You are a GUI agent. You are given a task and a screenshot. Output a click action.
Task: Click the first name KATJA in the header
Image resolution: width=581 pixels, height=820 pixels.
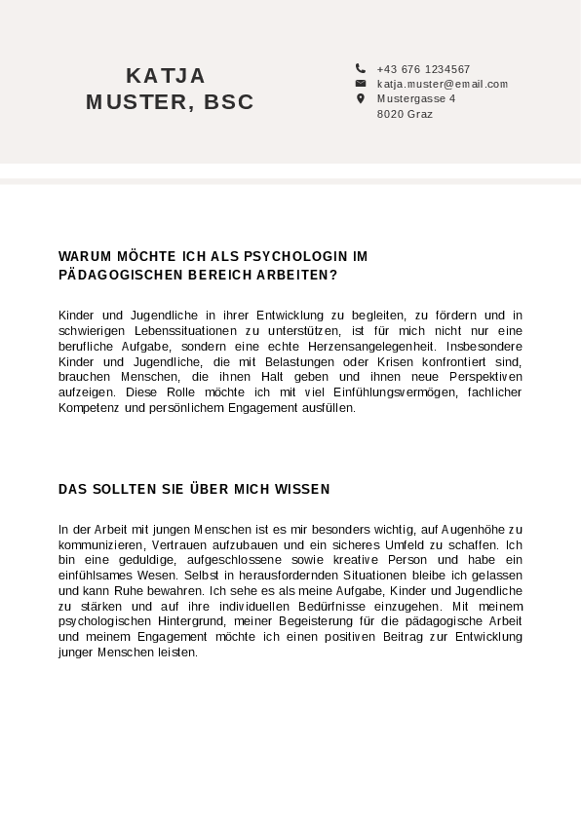(166, 76)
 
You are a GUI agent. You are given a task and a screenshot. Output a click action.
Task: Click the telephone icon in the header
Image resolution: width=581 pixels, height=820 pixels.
(360, 68)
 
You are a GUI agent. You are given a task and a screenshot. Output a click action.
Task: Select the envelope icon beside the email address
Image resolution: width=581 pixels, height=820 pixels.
(360, 84)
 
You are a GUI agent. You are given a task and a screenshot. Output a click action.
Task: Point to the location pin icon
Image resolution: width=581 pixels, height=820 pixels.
(360, 98)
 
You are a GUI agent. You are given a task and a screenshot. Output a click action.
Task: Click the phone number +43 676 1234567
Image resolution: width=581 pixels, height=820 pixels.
(423, 69)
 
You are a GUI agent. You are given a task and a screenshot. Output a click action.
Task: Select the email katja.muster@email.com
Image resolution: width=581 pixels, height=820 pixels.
(443, 84)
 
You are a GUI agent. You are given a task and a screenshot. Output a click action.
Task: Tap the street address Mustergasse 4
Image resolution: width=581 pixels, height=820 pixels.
(416, 98)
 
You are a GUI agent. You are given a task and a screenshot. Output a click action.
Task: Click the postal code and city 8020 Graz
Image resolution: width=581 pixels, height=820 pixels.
(405, 114)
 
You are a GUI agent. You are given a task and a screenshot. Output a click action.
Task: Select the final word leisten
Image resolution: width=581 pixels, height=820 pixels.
(178, 652)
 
